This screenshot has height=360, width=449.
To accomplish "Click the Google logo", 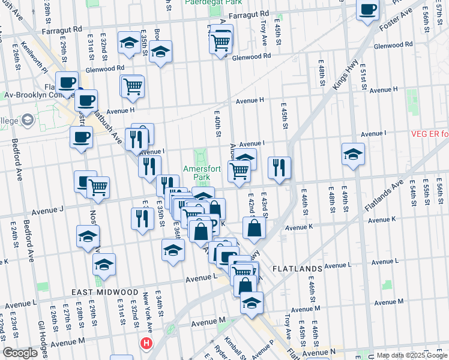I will click(20, 353).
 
